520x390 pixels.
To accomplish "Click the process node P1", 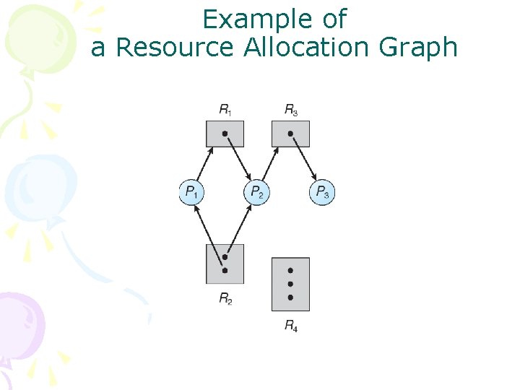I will pos(192,192).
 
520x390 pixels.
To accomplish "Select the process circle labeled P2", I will pos(257,192).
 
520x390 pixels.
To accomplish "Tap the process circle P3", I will pos(323,192).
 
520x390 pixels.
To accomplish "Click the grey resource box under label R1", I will pos(225,134).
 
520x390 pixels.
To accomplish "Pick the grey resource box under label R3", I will pos(290,134).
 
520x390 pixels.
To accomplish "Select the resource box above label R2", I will pos(225,264).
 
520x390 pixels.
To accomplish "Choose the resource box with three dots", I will pos(290,284).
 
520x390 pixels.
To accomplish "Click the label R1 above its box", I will pos(225,110).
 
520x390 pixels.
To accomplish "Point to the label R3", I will pos(290,110).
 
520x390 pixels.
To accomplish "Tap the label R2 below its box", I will pos(225,298).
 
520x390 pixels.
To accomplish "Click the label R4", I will pos(290,326).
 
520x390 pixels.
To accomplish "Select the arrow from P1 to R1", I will pos(203,164).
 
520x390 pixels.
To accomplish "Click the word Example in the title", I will pos(274,19).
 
